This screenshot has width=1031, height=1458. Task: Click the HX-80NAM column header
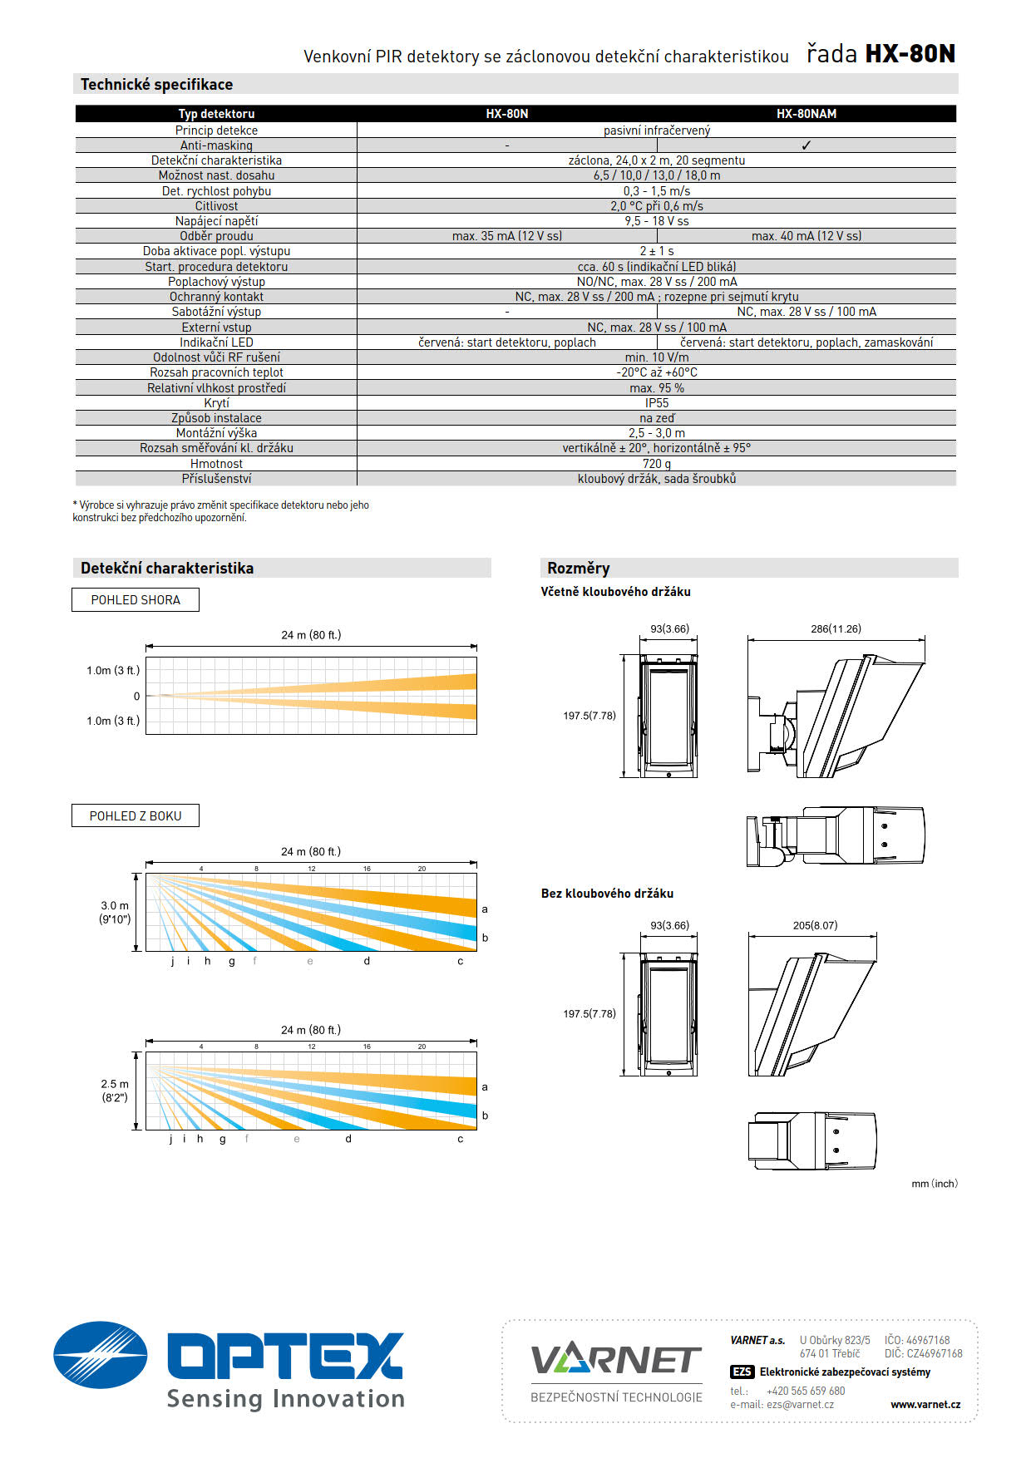tap(806, 114)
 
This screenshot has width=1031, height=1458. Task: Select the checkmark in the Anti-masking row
tap(806, 145)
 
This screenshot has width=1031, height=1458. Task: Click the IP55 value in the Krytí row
tap(656, 403)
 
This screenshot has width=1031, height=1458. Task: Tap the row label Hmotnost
tap(216, 464)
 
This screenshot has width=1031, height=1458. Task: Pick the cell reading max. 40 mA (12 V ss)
tap(806, 236)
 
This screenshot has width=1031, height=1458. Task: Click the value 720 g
tap(656, 464)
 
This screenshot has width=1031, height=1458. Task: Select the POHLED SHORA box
tap(136, 600)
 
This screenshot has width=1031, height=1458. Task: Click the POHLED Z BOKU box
tap(136, 816)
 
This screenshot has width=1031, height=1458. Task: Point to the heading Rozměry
tap(579, 569)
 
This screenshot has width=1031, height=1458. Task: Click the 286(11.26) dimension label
tap(836, 629)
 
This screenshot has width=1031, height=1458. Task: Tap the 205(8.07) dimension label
tap(815, 925)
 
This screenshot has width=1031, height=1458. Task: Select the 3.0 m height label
tap(115, 906)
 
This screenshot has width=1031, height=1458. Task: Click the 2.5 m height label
tap(115, 1084)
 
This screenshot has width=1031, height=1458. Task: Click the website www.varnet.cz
tap(925, 1405)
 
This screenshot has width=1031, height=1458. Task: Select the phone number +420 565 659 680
tap(805, 1391)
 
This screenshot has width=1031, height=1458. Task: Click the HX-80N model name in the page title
tap(910, 54)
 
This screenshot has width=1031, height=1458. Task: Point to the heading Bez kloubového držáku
tap(607, 894)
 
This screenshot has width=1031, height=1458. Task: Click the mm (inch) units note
tap(934, 1184)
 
